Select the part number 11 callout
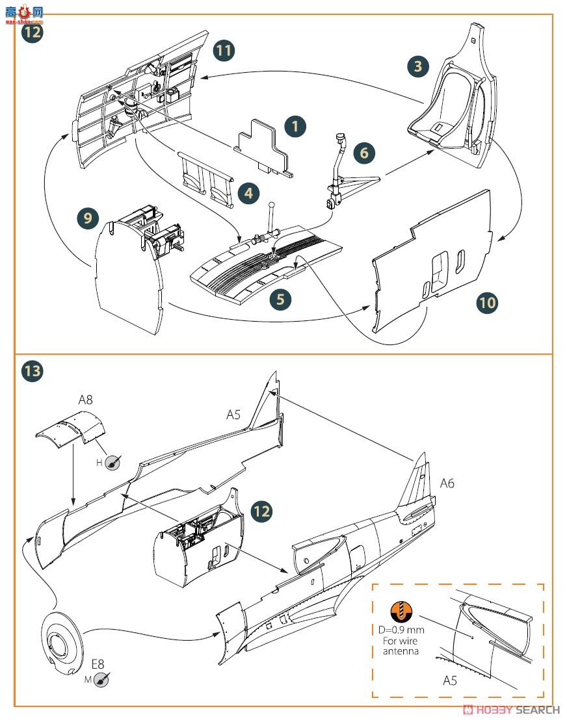click(224, 51)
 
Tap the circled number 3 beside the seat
click(418, 65)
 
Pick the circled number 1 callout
click(295, 125)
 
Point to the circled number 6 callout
click(364, 153)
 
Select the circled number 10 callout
click(487, 302)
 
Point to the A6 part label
click(447, 483)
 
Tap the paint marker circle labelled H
click(112, 463)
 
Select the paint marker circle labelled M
click(101, 680)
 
